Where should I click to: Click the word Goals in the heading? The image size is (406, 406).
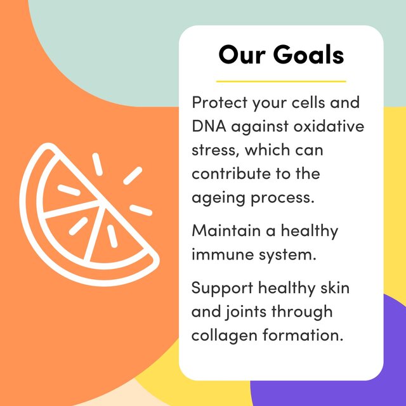point(308,55)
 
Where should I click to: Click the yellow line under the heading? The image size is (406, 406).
point(281,81)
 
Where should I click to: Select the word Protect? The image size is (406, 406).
point(218,103)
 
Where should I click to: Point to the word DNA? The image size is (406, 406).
point(209,126)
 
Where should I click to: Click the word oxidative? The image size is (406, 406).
point(329,126)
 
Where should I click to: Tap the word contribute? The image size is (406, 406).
point(228,173)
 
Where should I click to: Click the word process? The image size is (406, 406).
point(280,197)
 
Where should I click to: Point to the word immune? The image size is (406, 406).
point(219,254)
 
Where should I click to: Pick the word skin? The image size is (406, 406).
point(334,288)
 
